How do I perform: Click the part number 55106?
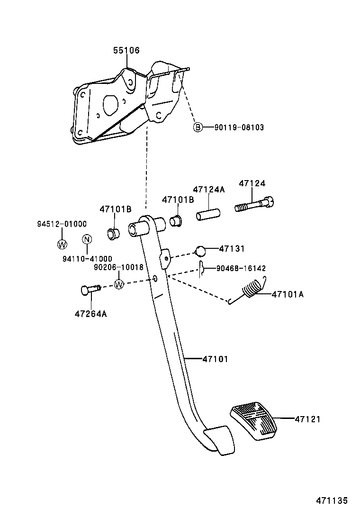click(x=126, y=50)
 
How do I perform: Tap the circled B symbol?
click(x=198, y=127)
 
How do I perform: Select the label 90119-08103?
click(x=239, y=127)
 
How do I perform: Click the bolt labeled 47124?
click(x=254, y=205)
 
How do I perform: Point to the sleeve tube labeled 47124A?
click(x=208, y=211)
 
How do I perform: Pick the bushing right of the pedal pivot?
click(x=177, y=220)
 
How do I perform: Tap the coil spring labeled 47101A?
click(x=252, y=290)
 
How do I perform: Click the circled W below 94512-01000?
click(x=62, y=244)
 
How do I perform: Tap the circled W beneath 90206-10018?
click(x=119, y=284)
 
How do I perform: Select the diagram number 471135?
click(x=332, y=500)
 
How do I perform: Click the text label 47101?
click(x=215, y=359)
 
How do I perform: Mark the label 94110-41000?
click(x=87, y=258)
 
